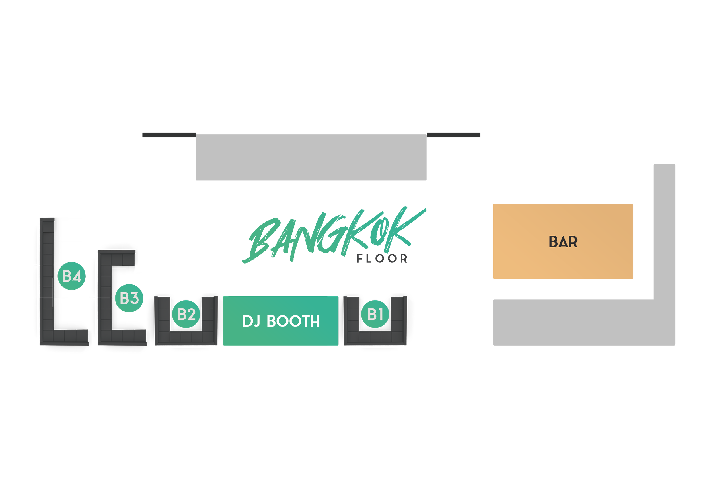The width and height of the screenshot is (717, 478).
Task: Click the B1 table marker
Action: [375, 314]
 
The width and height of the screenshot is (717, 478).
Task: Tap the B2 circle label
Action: [186, 314]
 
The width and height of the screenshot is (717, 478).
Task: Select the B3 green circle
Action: [129, 298]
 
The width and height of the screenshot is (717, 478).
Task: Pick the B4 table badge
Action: [72, 276]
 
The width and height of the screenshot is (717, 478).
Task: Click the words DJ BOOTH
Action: [280, 321]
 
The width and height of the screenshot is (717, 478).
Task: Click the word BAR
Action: [563, 242]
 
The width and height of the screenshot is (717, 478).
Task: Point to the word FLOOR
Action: [382, 259]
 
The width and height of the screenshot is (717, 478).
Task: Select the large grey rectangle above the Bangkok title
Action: [311, 157]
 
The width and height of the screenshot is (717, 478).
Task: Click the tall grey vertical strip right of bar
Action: [665, 232]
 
